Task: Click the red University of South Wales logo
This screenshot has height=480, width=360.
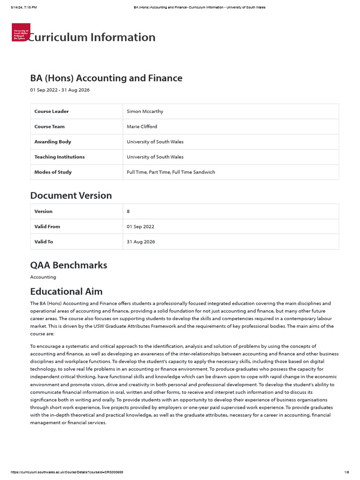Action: pos(21,32)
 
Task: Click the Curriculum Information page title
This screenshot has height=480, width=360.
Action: pos(91,37)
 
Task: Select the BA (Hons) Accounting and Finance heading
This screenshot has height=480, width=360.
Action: pos(106,78)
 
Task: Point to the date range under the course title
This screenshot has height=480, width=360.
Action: pos(60,90)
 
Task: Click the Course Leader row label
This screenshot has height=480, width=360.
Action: pos(52,112)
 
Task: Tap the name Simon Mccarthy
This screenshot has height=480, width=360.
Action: pos(145,112)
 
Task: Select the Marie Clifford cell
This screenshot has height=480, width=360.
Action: pos(142,127)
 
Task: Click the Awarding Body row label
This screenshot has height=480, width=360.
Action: pos(52,142)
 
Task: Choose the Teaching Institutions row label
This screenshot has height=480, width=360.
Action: pos(60,157)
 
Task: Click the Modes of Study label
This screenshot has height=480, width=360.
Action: pos(53,172)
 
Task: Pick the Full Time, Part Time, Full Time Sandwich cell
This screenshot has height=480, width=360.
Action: pos(171,172)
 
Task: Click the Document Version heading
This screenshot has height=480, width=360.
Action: pos(71,195)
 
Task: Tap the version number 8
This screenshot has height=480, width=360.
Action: pos(128,211)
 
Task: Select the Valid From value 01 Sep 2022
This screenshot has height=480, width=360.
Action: pos(140,226)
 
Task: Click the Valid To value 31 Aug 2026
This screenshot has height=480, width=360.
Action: pos(141,242)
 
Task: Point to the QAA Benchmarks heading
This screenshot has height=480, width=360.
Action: pos(68,265)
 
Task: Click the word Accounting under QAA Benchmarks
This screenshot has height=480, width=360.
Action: pos(43,277)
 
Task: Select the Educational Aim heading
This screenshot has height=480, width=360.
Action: pos(66,292)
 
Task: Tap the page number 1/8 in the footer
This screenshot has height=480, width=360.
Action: pos(346,472)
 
